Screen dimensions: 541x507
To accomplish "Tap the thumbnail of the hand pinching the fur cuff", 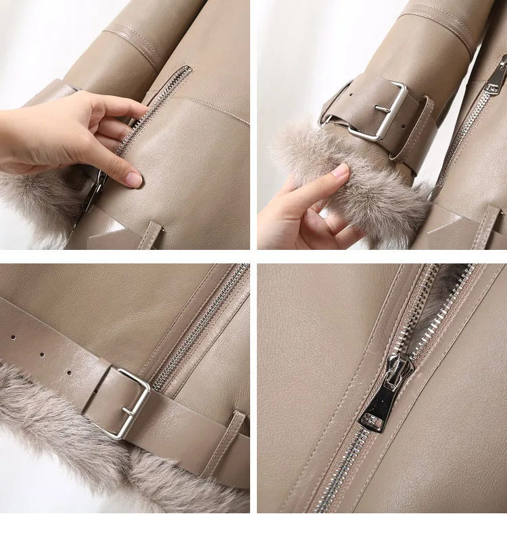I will pyautogui.click(x=340, y=171).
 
